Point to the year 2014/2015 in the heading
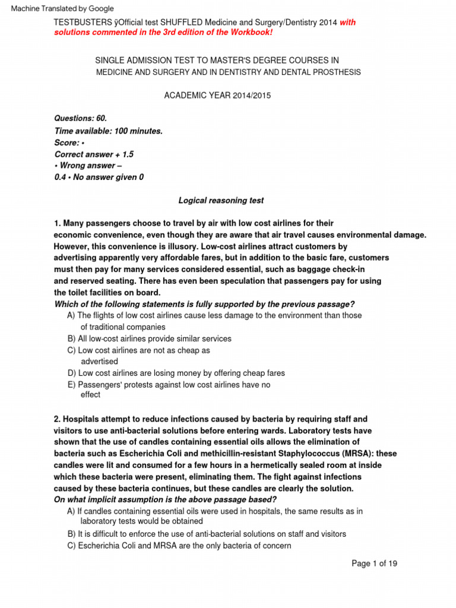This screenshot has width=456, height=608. [x=251, y=96]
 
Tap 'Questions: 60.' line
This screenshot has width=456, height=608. [x=81, y=119]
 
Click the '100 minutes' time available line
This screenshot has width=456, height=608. [x=108, y=131]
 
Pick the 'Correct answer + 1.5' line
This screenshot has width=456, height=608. [x=94, y=154]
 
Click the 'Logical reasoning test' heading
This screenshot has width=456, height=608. [x=221, y=201]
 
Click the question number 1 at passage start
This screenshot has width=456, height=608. [x=56, y=223]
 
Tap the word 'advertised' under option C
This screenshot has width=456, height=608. [x=99, y=361]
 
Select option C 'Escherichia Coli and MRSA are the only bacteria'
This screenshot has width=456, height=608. [x=180, y=545]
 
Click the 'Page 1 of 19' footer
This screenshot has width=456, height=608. [x=374, y=563]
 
